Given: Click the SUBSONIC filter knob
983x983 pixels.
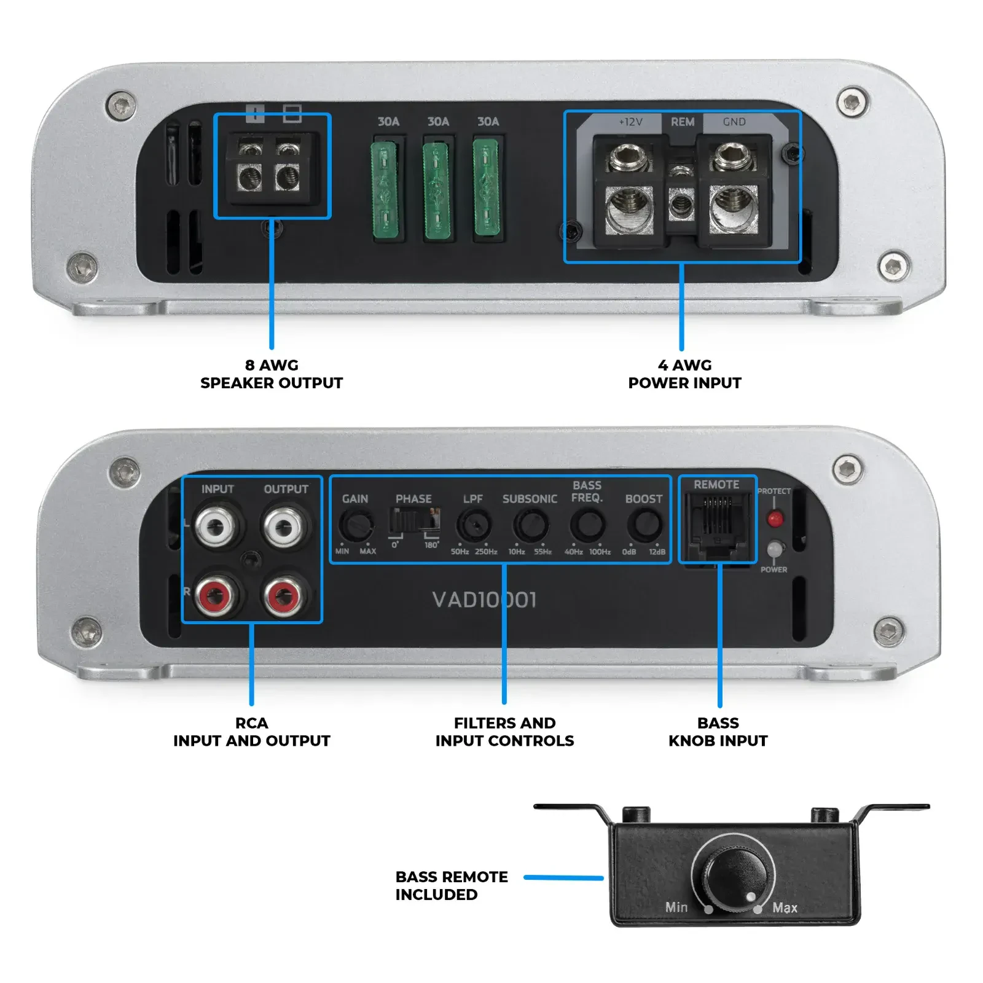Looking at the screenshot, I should point(530,526).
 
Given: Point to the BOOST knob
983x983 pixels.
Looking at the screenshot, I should point(644,525).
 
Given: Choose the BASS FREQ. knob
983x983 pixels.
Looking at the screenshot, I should point(587,525).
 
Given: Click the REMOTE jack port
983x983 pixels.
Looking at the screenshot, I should point(717,523).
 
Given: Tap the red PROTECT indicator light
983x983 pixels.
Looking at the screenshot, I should point(775,519).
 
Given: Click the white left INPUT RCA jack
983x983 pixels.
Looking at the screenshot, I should point(216,526).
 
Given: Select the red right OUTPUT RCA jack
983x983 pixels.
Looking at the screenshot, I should point(284,595).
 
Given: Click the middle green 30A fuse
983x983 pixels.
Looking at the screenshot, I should point(437,190).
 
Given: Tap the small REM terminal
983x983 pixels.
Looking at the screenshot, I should point(680,203).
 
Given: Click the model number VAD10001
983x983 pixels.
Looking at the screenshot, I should point(484,600).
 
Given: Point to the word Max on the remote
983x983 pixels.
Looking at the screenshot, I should point(785,907).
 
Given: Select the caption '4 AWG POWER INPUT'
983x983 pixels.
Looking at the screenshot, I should point(684,374).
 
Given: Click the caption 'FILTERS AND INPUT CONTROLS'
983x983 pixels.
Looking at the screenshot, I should point(504,732).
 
